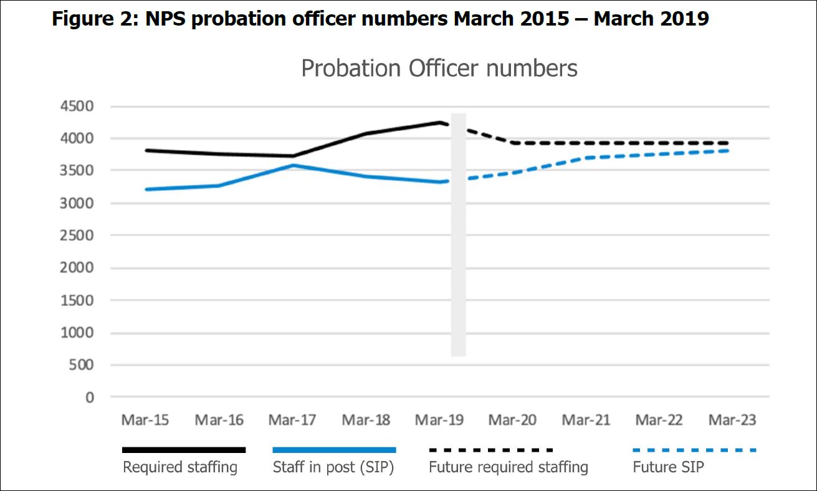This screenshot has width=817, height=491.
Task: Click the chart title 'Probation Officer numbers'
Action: pos(439,69)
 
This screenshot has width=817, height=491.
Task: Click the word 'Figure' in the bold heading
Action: pos(83,19)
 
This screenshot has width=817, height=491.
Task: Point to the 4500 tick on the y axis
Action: pos(77,106)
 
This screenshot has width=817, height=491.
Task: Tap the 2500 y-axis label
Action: pos(77,236)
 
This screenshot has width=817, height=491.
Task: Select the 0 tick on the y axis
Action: pos(90,398)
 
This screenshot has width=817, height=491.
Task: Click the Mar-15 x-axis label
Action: pos(145,420)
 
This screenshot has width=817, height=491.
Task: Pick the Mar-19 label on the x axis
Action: pos(439,420)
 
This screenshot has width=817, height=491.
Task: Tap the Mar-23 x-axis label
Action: pos(732,420)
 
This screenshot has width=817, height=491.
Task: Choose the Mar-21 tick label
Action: pos(586,420)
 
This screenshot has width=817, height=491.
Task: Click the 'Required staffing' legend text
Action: pos(180,467)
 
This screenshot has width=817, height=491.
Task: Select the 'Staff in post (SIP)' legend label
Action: pos(333,467)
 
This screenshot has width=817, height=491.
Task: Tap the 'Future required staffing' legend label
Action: pos(509,467)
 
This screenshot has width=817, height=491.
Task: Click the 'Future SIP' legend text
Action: pos(668,467)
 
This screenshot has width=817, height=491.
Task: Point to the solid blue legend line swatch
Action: pos(334,450)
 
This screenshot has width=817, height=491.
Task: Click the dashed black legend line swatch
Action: pos(491,450)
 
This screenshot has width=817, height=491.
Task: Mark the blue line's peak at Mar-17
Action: pos(294,166)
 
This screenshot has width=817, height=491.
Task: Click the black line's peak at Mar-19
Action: pos(441,123)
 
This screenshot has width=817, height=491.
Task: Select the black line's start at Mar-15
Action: pos(146,150)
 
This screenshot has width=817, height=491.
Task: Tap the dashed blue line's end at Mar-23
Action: pos(728,151)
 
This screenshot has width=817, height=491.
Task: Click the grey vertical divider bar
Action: pos(459,234)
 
